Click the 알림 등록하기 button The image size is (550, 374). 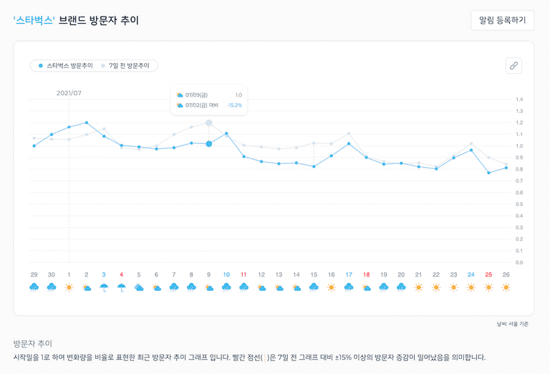pos(502,20)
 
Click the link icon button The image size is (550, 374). pos(513,65)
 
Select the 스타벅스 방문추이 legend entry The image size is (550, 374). pos(65,66)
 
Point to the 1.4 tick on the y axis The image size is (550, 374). pos(519,100)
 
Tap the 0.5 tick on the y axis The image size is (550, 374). pos(519,204)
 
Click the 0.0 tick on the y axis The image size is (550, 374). pos(519,263)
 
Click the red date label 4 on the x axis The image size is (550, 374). pos(121,274)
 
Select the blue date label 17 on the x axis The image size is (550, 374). pos(349,274)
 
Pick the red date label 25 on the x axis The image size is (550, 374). pos(488,274)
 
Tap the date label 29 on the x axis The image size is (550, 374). pos(34,274)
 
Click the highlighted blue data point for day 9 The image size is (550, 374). pos(208,144)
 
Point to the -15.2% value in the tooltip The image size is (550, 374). pos(234,105)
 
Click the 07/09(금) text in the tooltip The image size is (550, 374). pos(197,95)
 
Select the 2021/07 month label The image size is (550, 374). pos(69,93)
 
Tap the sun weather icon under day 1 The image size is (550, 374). pos(69,287)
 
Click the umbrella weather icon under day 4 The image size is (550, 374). pos(121,287)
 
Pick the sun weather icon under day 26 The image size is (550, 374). pos(506,287)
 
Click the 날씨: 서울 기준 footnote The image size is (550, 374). pos(512,325)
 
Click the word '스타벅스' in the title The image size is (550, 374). pos(34,20)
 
